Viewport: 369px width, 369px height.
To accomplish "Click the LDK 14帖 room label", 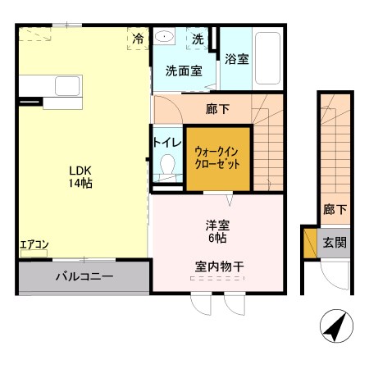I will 80,177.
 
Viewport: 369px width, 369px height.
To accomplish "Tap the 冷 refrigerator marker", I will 138,38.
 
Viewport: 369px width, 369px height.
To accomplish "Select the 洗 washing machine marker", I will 198,39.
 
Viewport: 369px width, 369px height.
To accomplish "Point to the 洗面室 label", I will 184,71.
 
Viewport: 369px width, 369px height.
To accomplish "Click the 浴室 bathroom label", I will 237,60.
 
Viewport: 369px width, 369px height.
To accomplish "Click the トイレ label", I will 167,141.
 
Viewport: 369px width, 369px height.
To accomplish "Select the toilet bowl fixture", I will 167,166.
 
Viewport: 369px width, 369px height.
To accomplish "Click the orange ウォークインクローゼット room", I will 217,157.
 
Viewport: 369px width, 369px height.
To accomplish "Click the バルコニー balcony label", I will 84,276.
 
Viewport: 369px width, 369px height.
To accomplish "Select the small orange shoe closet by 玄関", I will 310,243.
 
